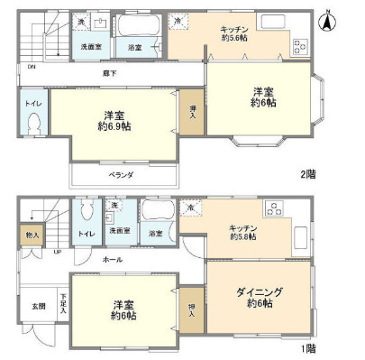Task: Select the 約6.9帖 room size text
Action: (x=113, y=125)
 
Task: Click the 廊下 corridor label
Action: (x=134, y=71)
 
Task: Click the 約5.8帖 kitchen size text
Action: (x=238, y=236)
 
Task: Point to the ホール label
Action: (x=113, y=259)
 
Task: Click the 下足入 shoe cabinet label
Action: (x=63, y=301)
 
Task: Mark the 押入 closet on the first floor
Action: (x=191, y=307)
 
